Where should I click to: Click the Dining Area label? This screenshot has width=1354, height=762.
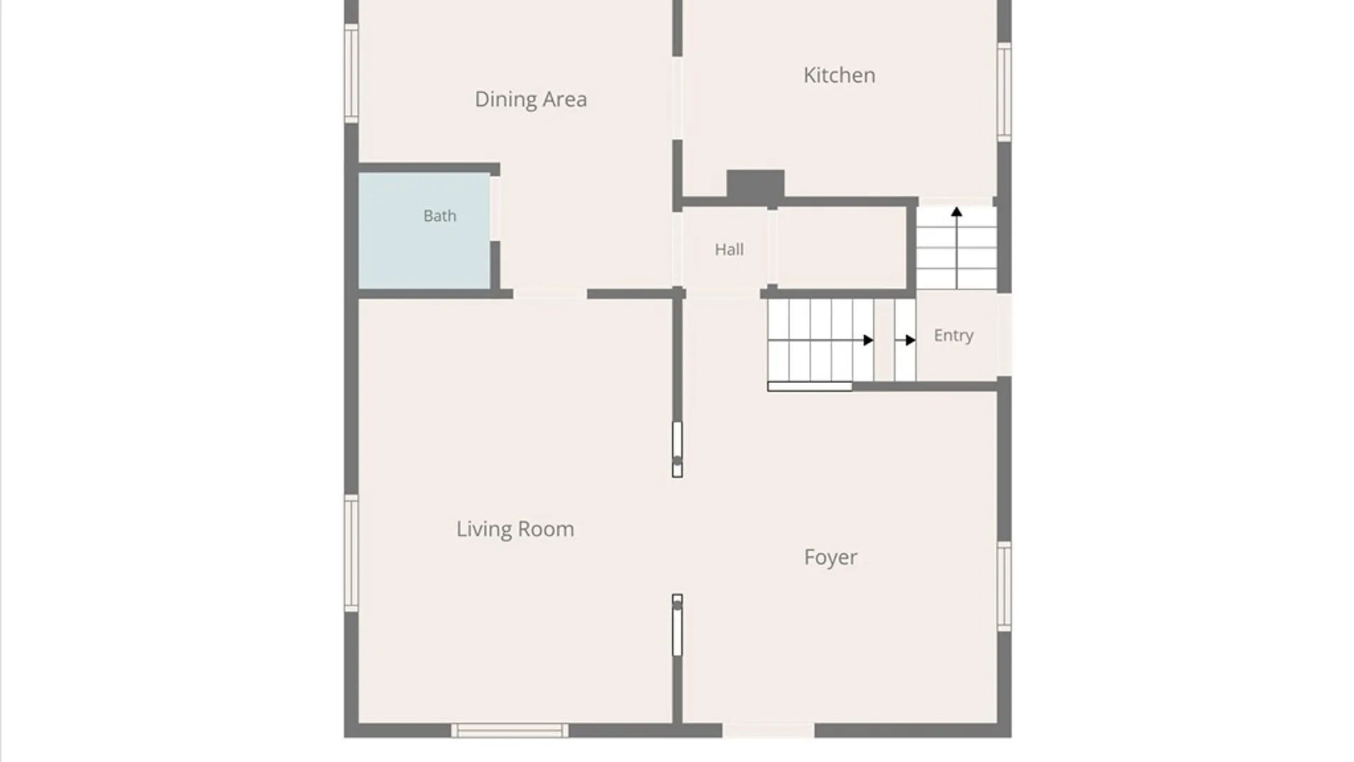tap(530, 99)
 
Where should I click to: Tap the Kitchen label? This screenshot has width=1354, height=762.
tap(839, 75)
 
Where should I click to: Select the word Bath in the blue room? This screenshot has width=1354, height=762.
tap(439, 216)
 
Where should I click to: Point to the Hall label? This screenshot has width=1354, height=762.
tap(728, 249)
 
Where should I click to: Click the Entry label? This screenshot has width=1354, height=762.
tap(953, 336)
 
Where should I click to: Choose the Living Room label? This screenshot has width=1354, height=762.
tap(515, 529)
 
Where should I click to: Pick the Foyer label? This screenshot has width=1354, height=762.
tap(831, 557)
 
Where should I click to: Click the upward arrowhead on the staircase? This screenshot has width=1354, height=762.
tap(956, 212)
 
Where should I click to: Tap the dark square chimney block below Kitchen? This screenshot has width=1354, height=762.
tap(755, 185)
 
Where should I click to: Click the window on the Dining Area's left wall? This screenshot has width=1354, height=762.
tap(350, 73)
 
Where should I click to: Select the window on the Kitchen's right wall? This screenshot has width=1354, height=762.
tap(1004, 92)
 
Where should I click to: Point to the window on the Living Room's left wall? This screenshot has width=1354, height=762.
tap(350, 553)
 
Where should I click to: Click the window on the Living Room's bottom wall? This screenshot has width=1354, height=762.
tap(510, 730)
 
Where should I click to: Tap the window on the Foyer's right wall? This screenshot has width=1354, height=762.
tap(1004, 586)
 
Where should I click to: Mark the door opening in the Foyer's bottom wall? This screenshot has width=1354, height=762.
tap(768, 730)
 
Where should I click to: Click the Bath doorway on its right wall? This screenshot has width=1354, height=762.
tap(495, 209)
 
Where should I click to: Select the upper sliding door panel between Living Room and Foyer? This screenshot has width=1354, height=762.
tap(677, 449)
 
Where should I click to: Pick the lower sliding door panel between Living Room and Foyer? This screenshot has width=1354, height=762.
tap(677, 625)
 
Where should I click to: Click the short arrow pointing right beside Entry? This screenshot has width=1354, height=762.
tap(905, 340)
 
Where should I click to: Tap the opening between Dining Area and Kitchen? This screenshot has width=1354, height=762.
tap(677, 98)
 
